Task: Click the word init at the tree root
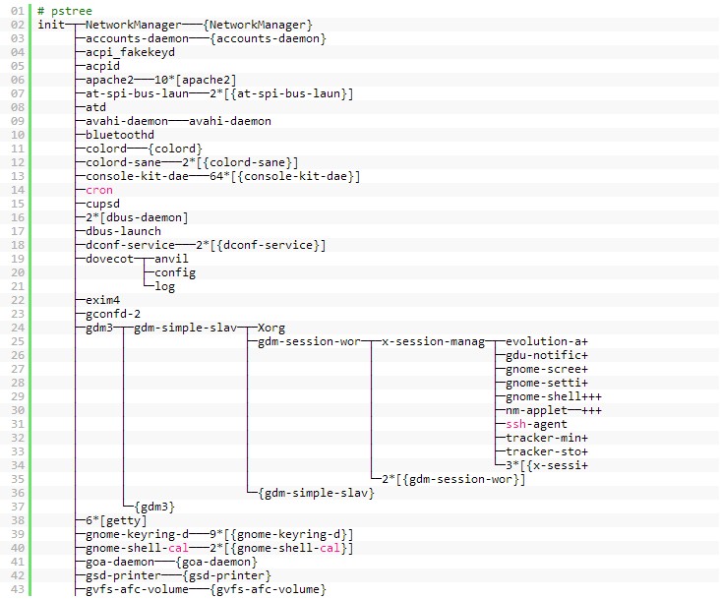51,24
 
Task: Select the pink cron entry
99,190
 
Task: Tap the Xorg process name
271,328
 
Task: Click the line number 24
17,328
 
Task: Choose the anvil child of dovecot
172,259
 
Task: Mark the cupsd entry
103,204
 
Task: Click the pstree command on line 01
65,10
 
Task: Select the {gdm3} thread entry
154,507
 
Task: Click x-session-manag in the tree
434,341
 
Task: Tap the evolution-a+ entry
547,341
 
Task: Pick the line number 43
17,589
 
